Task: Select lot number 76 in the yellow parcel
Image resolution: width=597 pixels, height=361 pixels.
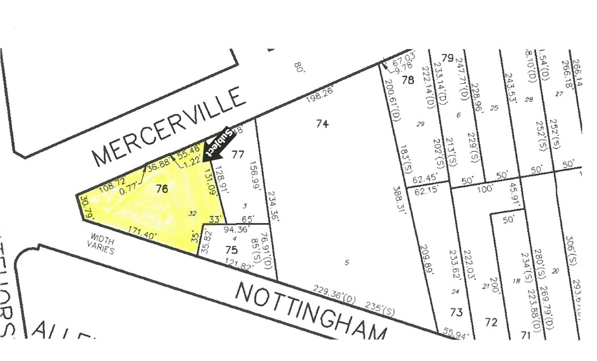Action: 162,190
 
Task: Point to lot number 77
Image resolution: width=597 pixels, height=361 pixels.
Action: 238,154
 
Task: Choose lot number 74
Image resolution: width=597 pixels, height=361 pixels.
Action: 322,123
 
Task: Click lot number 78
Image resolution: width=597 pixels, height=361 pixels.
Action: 408,80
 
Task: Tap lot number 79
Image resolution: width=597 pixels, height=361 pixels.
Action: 448,58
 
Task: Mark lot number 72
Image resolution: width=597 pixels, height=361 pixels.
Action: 491,323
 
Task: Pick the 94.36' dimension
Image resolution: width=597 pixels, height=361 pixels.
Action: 237,230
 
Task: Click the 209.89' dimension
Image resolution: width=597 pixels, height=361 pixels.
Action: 429,260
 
